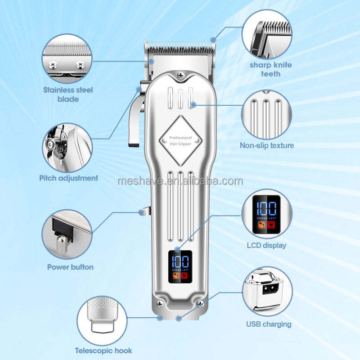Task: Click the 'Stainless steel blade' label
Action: [68, 94]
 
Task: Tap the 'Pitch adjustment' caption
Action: [68, 178]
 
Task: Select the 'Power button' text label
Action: [70, 267]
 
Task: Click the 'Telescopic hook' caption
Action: [103, 351]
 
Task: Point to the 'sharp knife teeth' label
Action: [270, 69]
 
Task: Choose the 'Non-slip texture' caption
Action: [267, 145]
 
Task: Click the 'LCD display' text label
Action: [266, 245]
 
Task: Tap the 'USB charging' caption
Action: [269, 324]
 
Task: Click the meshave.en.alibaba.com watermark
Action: [180, 181]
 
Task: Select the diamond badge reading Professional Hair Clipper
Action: [180, 140]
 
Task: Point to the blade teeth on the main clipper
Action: [180, 46]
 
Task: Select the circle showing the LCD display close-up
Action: [266, 213]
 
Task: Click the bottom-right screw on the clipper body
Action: [201, 305]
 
